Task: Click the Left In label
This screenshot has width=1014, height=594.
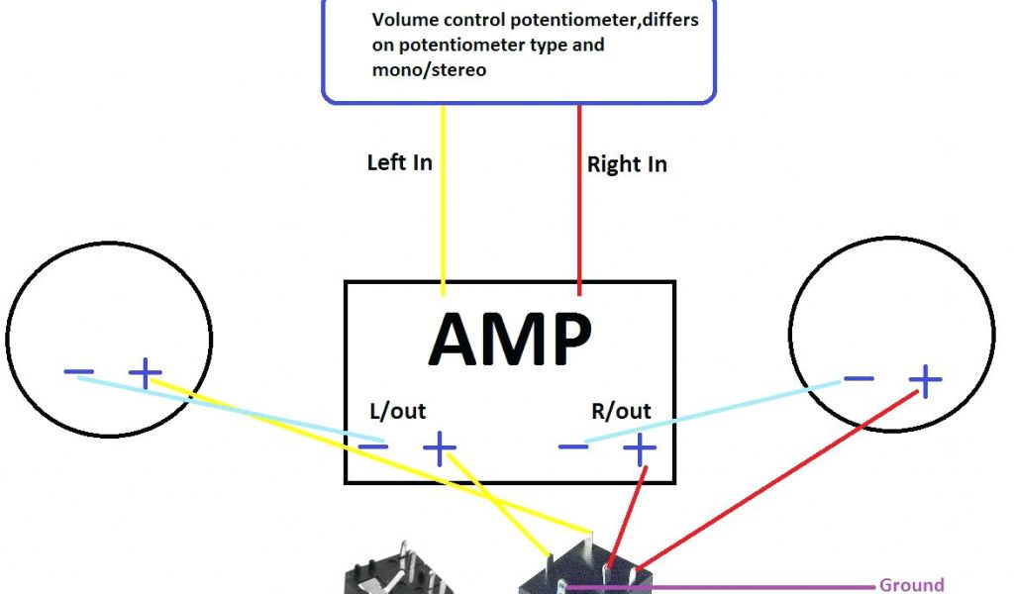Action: tap(399, 162)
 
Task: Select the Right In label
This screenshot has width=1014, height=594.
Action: tap(627, 164)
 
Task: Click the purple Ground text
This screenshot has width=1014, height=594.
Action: tap(911, 585)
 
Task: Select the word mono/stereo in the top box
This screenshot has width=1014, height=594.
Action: tap(429, 70)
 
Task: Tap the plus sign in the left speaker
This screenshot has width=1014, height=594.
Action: tap(146, 373)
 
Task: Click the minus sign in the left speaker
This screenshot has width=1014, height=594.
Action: tap(79, 372)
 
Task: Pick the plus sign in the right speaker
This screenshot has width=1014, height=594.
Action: tap(926, 379)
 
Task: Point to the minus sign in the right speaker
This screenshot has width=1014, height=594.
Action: tap(858, 379)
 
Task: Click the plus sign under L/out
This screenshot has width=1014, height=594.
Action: tap(439, 449)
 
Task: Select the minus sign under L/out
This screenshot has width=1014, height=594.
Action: tap(372, 447)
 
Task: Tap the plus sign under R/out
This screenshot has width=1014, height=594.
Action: tap(639, 450)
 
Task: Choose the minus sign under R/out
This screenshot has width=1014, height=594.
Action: tap(573, 447)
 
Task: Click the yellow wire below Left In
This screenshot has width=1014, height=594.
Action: tap(443, 218)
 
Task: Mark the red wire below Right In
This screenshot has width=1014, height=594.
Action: tap(579, 218)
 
